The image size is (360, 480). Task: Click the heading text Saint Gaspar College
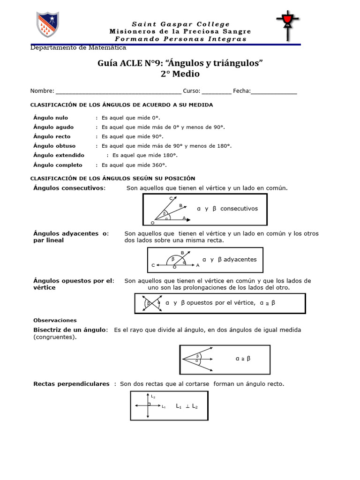coord(180,24)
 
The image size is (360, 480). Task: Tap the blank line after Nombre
coord(118,91)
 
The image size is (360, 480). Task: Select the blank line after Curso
coord(217,91)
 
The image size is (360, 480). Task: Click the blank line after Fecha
coord(274,91)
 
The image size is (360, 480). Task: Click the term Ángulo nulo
coord(51,118)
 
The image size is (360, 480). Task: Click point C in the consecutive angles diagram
coord(172,199)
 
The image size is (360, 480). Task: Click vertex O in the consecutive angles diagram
coord(152,223)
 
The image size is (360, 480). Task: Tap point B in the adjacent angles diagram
coord(182,253)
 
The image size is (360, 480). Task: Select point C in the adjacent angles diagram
coord(153,265)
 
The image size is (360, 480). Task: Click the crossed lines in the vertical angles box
coord(149,303)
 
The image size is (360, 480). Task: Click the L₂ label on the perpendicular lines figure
coord(153,396)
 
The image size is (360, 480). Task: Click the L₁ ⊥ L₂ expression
coord(187,406)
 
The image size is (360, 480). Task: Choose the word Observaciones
coord(55,320)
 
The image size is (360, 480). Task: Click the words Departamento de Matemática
coord(78,48)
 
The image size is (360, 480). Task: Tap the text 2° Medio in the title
coord(180,74)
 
